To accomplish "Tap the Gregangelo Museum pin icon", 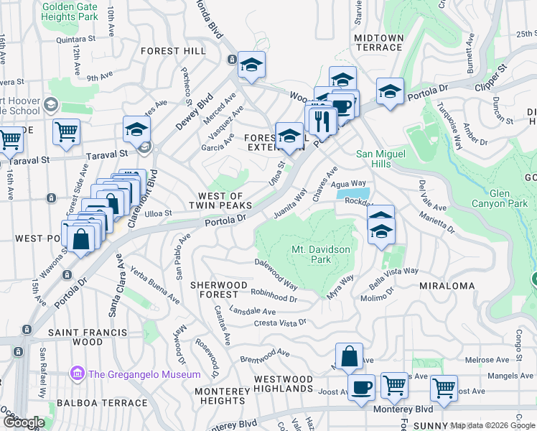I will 78,374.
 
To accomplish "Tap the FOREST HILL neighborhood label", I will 173,51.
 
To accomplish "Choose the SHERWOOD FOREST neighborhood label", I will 214,289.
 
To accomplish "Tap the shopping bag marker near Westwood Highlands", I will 348,356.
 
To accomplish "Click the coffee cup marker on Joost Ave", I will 361,387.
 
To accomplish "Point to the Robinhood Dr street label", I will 274,295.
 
